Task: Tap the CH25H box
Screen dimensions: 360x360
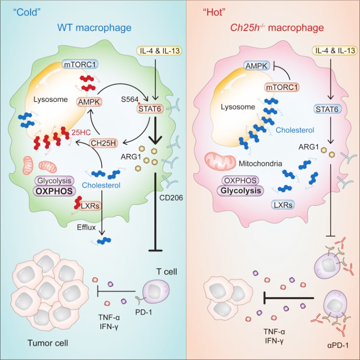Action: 104,141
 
